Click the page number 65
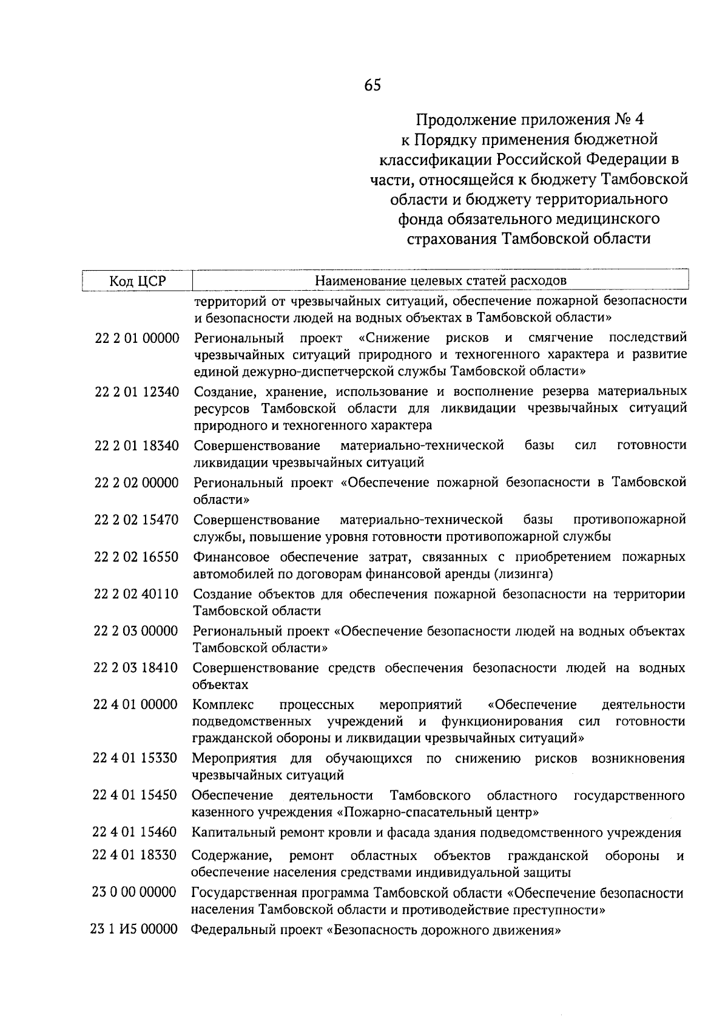pyautogui.click(x=372, y=86)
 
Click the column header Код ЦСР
pyautogui.click(x=137, y=281)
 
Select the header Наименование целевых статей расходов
pyautogui.click(x=440, y=280)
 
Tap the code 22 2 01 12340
pyautogui.click(x=136, y=392)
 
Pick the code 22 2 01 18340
pyautogui.click(x=136, y=446)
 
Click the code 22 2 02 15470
pyautogui.click(x=136, y=520)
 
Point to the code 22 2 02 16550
pyautogui.click(x=136, y=557)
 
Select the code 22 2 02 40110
pyautogui.click(x=136, y=595)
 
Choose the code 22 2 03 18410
pyautogui.click(x=135, y=669)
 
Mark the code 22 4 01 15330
pyautogui.click(x=135, y=759)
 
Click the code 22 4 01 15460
pyautogui.click(x=135, y=833)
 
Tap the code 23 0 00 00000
pyautogui.click(x=134, y=893)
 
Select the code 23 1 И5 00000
pyautogui.click(x=134, y=930)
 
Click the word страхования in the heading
pyautogui.click(x=451, y=239)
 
